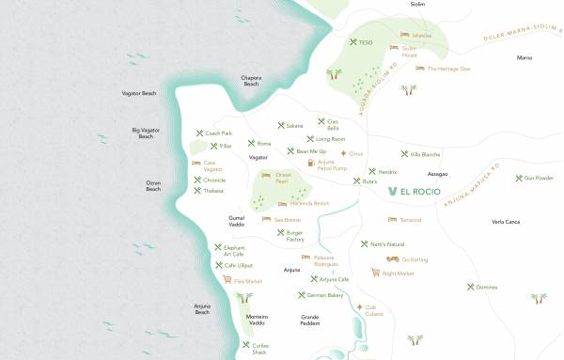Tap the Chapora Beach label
click(250, 81)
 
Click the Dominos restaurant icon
click(470, 287)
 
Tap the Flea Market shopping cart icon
click(227, 280)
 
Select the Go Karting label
click(414, 259)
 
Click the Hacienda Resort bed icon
click(282, 203)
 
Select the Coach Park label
click(218, 133)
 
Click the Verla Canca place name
click(505, 222)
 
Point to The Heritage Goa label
click(448, 69)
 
